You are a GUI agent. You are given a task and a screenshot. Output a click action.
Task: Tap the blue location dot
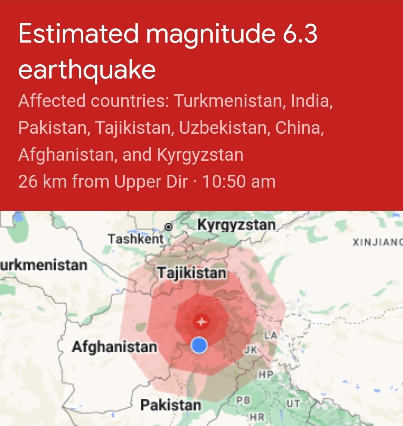click(199, 345)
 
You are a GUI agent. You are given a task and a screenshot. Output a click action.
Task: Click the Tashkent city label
click(136, 239)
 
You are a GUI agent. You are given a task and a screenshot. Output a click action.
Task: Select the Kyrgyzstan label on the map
click(236, 225)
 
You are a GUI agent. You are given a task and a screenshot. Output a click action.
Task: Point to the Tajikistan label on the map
click(192, 273)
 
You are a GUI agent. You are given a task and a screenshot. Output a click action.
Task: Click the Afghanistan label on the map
click(114, 347)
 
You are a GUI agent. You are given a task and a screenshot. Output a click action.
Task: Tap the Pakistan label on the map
click(171, 405)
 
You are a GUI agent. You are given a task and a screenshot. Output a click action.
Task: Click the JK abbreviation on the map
click(251, 350)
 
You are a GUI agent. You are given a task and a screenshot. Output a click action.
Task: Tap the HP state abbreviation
click(266, 374)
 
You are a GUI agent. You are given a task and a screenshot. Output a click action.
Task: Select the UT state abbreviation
click(293, 404)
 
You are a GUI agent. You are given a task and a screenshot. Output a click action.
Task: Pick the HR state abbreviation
click(257, 417)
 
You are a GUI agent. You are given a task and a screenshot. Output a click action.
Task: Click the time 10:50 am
click(239, 182)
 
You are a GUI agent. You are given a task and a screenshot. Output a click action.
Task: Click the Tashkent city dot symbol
click(169, 227)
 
